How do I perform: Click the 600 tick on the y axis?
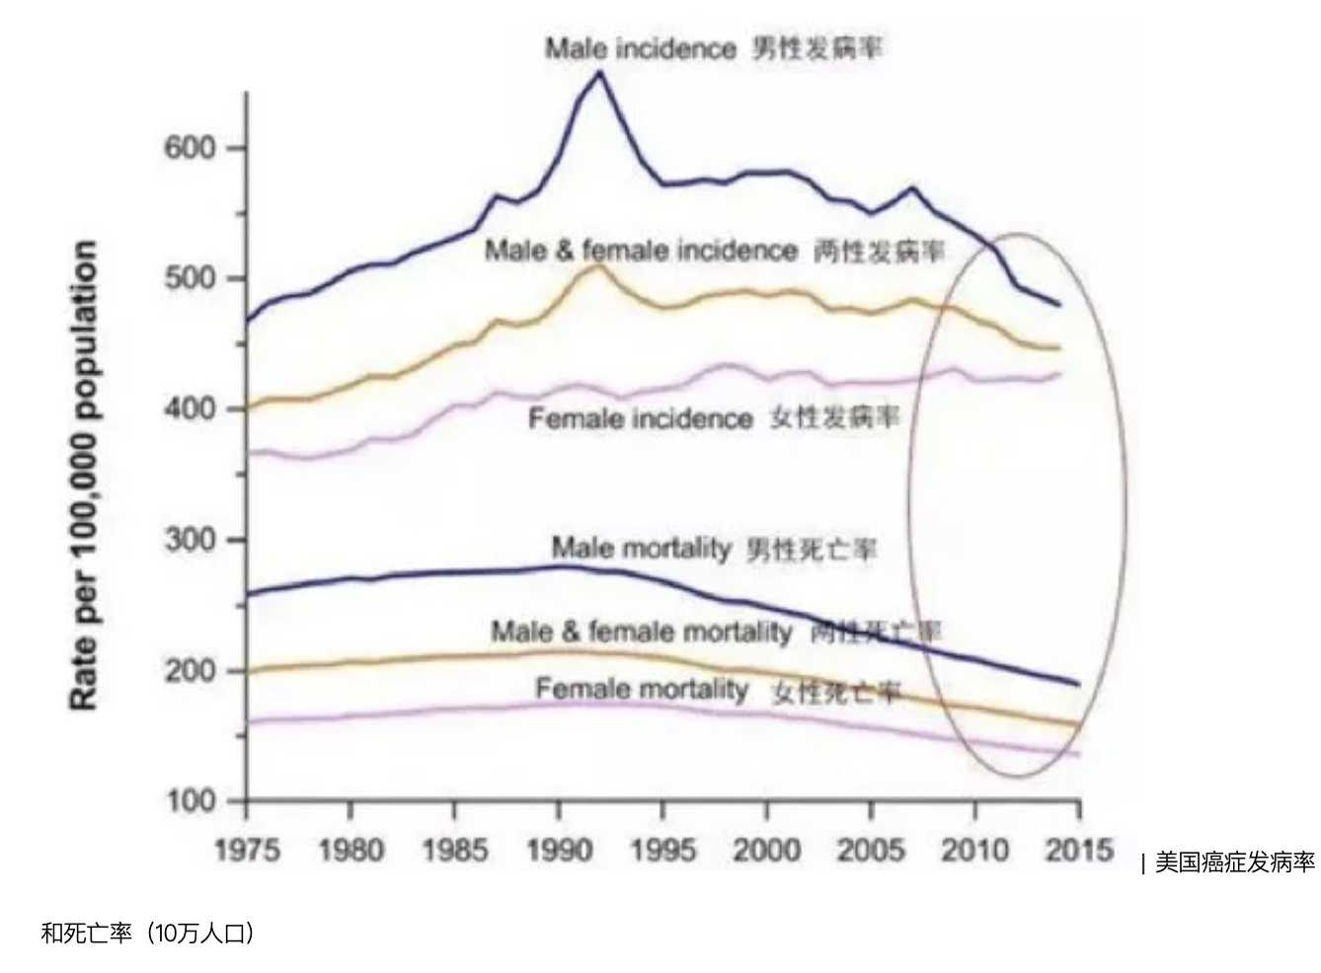(x=190, y=148)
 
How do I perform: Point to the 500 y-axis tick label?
(x=190, y=278)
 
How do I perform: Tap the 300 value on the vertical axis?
(x=190, y=540)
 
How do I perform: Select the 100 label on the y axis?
(x=190, y=800)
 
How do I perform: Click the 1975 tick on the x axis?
(x=247, y=850)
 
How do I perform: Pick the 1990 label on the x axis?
(x=559, y=850)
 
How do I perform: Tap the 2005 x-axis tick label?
(x=870, y=850)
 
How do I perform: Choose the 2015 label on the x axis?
(x=1079, y=850)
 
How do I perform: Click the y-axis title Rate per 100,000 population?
(x=84, y=474)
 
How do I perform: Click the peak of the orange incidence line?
(x=596, y=265)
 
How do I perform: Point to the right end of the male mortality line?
(x=1077, y=684)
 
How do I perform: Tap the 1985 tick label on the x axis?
(x=454, y=850)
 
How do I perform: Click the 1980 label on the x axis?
(x=350, y=850)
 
